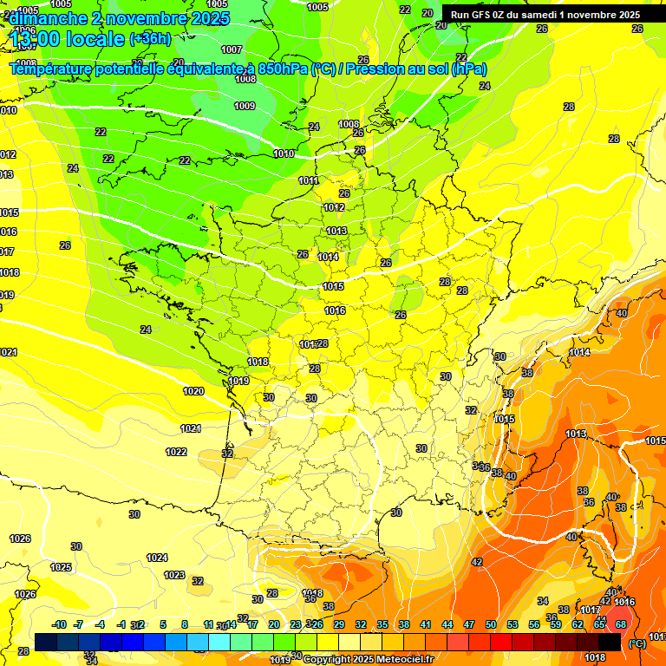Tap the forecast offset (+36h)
[x=150, y=38]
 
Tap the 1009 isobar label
[x=245, y=106]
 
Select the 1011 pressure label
[x=308, y=180]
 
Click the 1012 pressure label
[x=334, y=207]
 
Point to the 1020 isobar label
[x=193, y=391]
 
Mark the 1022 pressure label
[x=176, y=452]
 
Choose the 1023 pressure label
[x=174, y=575]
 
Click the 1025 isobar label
[x=61, y=567]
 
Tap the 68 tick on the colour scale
[x=621, y=624]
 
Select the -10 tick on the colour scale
[x=59, y=624]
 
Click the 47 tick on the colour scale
[x=469, y=624]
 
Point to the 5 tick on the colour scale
[x=163, y=624]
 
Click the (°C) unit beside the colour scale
[x=637, y=643]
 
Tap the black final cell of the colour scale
[x=610, y=642]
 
